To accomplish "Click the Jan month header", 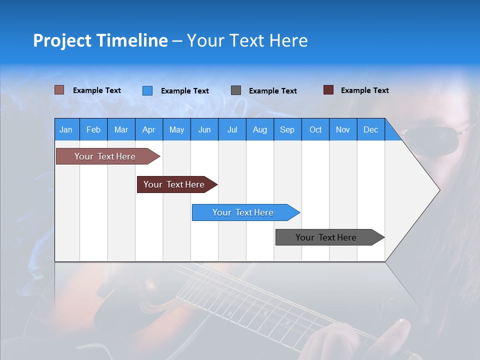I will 66,129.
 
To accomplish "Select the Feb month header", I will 93,129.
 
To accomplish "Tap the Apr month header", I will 149,129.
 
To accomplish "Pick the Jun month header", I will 204,129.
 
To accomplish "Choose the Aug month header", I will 260,129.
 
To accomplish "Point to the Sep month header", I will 287,129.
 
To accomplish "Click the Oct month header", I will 315,129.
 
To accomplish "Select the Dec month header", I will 371,129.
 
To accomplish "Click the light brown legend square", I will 59,90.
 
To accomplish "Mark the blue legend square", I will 147,90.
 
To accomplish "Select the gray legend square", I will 236,90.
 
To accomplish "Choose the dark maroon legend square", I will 328,90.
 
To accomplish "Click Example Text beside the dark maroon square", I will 364,90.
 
